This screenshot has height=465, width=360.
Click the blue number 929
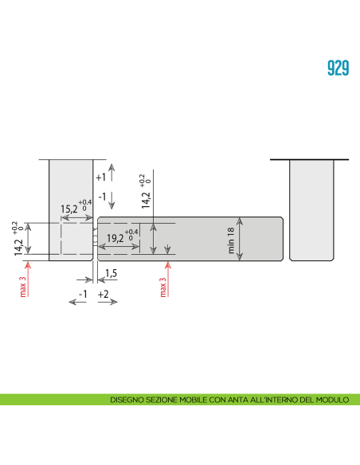tap(338, 68)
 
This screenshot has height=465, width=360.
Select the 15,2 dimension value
tap(69, 209)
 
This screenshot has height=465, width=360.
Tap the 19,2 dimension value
tap(115, 237)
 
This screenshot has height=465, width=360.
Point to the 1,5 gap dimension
tap(111, 274)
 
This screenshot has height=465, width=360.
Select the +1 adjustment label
tap(100, 177)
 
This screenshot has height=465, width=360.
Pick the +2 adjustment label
tap(104, 295)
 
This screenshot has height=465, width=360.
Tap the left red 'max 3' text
tap(23, 283)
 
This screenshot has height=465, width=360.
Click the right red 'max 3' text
tap(163, 287)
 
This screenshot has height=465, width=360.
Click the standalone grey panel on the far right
tap(310, 209)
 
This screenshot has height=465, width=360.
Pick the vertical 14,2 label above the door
tap(145, 193)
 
